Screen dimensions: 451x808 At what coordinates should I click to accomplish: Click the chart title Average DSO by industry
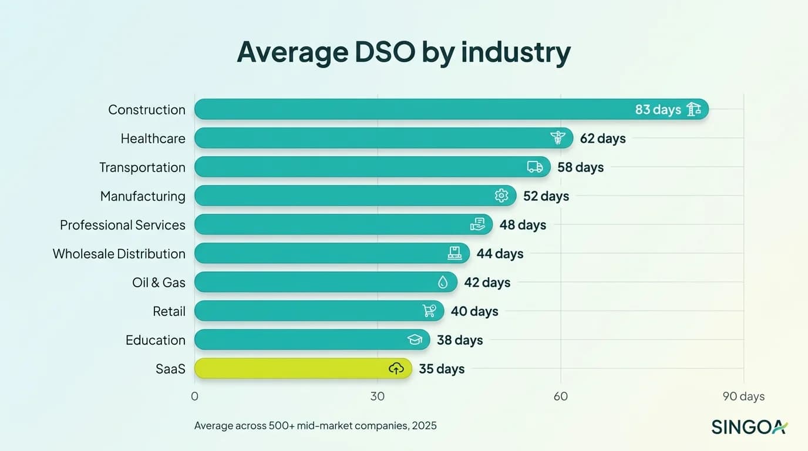pyautogui.click(x=403, y=53)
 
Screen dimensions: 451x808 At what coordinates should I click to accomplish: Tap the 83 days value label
pyautogui.click(x=658, y=109)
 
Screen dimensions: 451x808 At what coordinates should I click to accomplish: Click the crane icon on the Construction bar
pyautogui.click(x=693, y=109)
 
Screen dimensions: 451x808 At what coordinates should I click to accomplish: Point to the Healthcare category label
pyautogui.click(x=153, y=139)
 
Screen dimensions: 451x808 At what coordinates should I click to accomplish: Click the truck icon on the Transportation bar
pyautogui.click(x=535, y=167)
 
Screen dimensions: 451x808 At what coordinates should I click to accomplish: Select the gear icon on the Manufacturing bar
pyautogui.click(x=501, y=196)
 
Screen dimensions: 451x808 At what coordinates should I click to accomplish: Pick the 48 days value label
pyautogui.click(x=523, y=225)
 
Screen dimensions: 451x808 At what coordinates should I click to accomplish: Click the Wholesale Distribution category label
pyautogui.click(x=119, y=254)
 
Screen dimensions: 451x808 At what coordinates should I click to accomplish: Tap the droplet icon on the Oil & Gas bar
pyautogui.click(x=443, y=282)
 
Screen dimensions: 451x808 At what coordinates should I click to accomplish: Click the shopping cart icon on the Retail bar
pyautogui.click(x=429, y=311)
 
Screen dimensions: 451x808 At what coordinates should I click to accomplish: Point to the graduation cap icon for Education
pyautogui.click(x=415, y=340)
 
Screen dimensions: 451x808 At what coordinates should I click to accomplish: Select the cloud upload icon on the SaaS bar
pyautogui.click(x=396, y=369)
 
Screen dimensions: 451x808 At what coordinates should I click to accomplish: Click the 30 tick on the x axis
pyautogui.click(x=377, y=396)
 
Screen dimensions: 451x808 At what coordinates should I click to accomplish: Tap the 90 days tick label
pyautogui.click(x=743, y=396)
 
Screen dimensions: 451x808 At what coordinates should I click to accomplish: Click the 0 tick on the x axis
pyautogui.click(x=194, y=396)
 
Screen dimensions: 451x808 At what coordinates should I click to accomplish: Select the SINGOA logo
pyautogui.click(x=749, y=427)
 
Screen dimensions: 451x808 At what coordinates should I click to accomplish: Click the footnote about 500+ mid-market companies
pyautogui.click(x=315, y=426)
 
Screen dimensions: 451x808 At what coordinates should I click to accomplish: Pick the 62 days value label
pyautogui.click(x=602, y=139)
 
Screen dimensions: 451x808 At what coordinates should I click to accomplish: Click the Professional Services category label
pyautogui.click(x=122, y=225)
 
